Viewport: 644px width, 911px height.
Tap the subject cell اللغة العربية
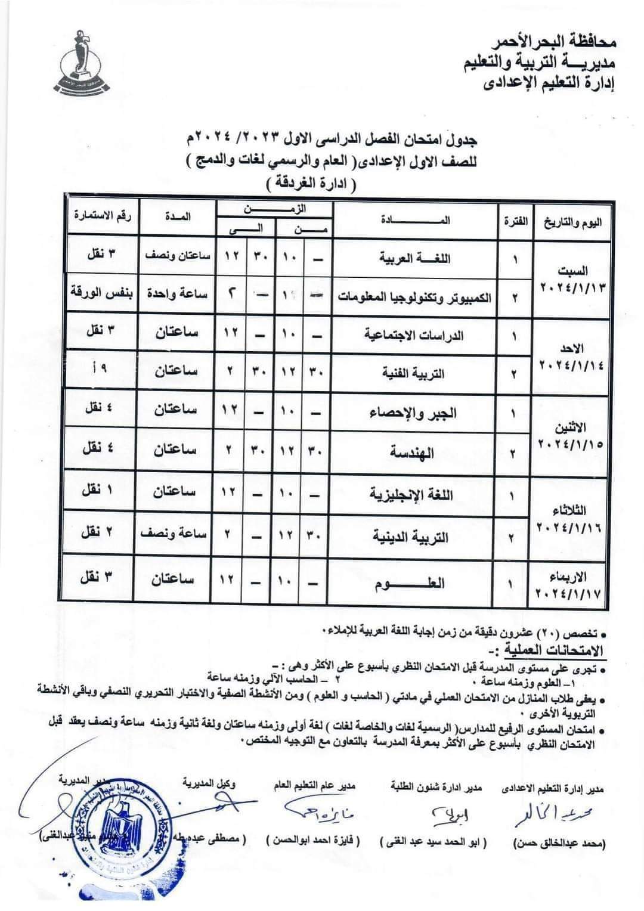pyautogui.click(x=416, y=258)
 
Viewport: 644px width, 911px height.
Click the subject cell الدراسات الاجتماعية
pyautogui.click(x=416, y=335)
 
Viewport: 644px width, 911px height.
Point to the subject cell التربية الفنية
pyautogui.click(x=416, y=373)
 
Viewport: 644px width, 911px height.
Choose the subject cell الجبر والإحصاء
pyautogui.click(x=416, y=413)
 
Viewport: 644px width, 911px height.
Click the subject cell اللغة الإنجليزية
pyautogui.click(x=416, y=494)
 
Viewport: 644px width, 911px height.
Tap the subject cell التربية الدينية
pyautogui.click(x=416, y=537)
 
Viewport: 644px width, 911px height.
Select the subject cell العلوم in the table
pyautogui.click(x=416, y=582)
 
